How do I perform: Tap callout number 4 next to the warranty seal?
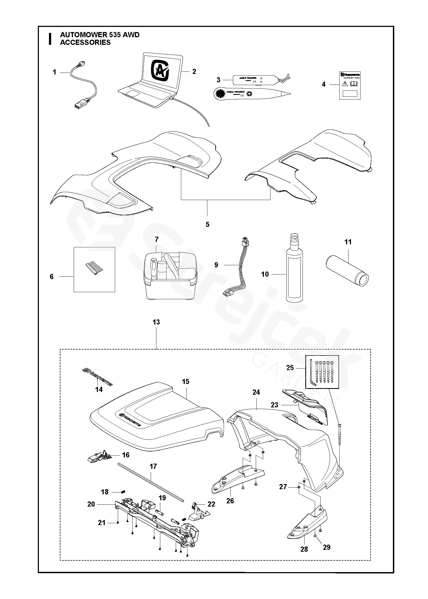[x=323, y=85]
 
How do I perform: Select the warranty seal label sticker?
[x=350, y=86]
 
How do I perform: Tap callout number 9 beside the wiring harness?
[x=216, y=265]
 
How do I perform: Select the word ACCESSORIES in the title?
[x=85, y=42]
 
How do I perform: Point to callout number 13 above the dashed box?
[x=156, y=322]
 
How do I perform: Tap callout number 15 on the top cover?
[x=186, y=382]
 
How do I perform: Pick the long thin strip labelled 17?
[x=151, y=482]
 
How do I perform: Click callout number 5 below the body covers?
[x=207, y=224]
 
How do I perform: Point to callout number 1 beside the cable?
[x=54, y=72]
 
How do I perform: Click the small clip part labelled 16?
[x=98, y=457]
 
